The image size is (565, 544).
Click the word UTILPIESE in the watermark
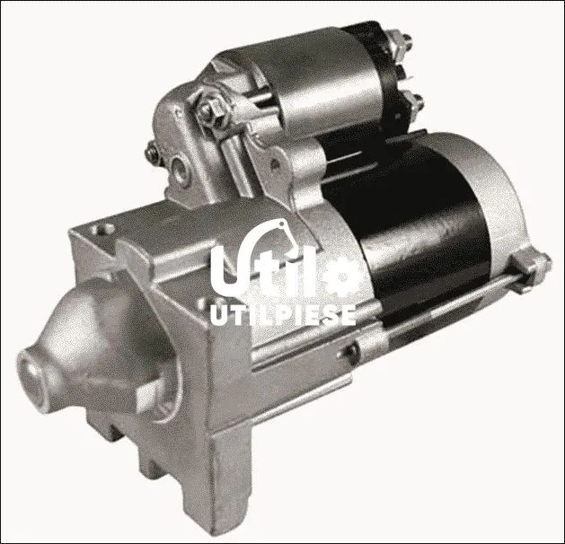283,315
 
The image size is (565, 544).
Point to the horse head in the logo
284,234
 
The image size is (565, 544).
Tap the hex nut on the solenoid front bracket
208,110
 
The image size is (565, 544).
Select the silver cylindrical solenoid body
317,83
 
